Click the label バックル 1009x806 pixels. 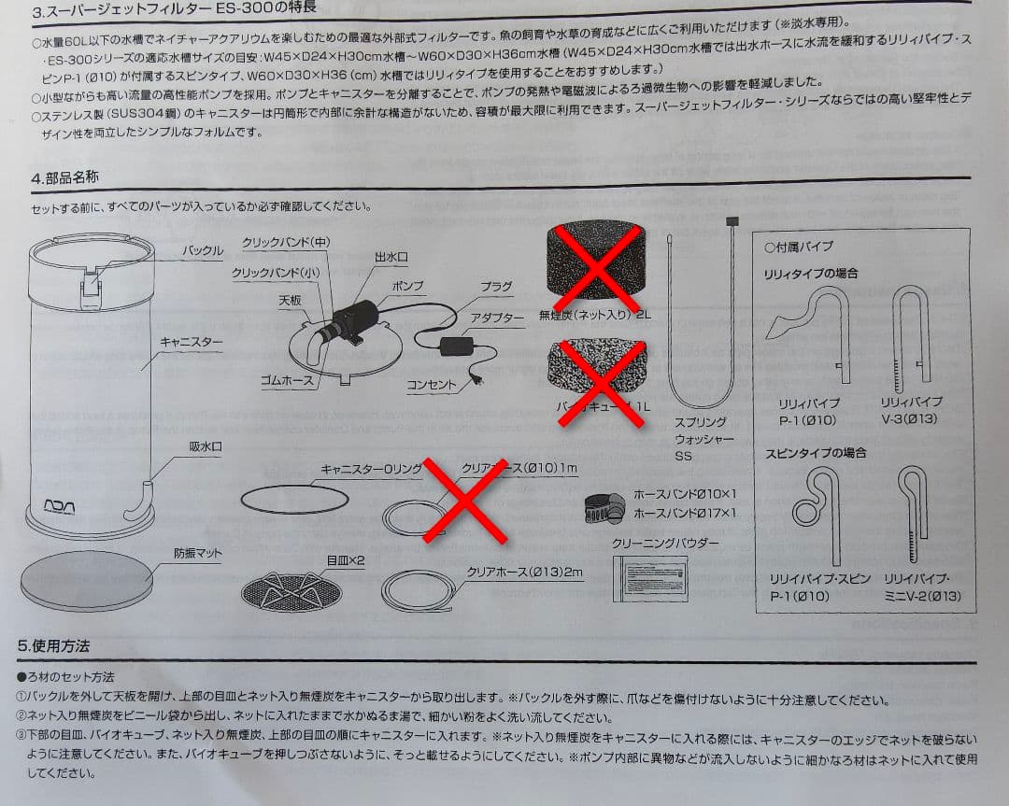tap(202, 251)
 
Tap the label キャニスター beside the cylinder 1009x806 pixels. tap(192, 343)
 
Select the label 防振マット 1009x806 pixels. tap(197, 553)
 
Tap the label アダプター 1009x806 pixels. tap(497, 318)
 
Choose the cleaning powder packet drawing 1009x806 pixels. tap(649, 577)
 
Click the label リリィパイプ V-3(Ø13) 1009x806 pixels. tap(911, 410)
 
